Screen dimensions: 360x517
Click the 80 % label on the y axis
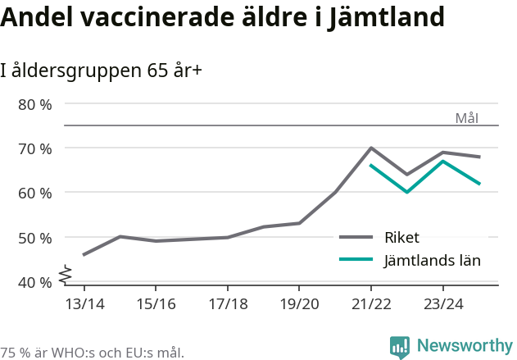coord(34,104)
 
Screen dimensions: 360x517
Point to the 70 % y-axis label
coord(34,148)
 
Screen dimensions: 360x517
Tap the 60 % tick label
coord(34,193)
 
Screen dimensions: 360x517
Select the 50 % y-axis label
coord(34,238)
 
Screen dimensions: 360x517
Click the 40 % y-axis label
coord(34,282)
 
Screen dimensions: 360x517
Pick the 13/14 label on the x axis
coord(84,303)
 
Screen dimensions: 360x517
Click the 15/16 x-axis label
coord(156,303)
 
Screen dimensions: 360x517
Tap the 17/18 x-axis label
coord(228,303)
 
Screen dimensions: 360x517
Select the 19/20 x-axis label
coord(299,303)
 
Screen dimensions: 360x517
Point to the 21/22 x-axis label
coord(371,303)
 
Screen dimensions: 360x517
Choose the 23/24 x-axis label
coord(442,303)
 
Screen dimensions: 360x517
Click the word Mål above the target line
coord(466,118)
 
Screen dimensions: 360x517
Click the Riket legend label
coord(401,238)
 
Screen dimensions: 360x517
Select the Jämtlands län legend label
coord(432,260)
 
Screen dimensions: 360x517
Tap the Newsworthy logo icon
coord(400,347)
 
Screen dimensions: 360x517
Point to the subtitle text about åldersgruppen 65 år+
coord(101,71)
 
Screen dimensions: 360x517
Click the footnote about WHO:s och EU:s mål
coord(92,353)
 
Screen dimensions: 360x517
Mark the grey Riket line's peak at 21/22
coord(371,148)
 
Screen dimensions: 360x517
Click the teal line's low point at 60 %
coord(406,192)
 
